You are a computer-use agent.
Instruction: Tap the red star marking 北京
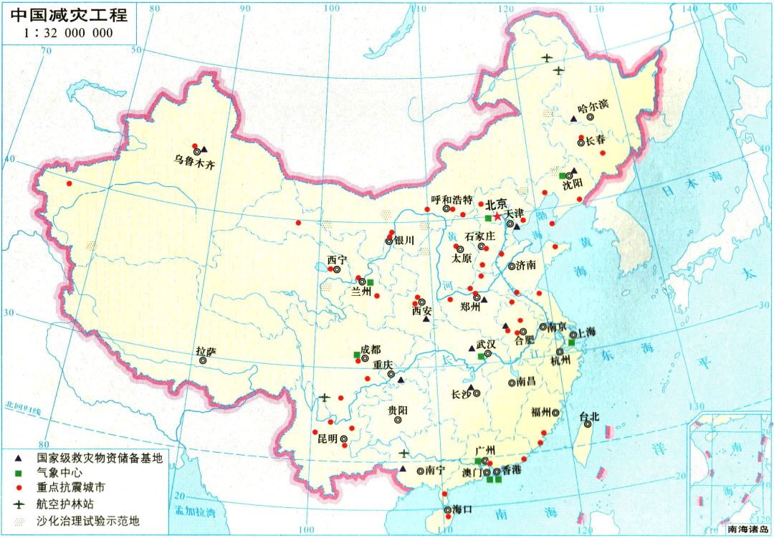[497, 216]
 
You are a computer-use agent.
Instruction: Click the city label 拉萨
[205, 351]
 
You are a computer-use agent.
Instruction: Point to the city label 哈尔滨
[592, 105]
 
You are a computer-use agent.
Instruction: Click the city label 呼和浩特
[452, 199]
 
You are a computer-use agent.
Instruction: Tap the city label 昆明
[327, 438]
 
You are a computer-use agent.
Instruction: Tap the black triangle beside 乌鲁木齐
[204, 150]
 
